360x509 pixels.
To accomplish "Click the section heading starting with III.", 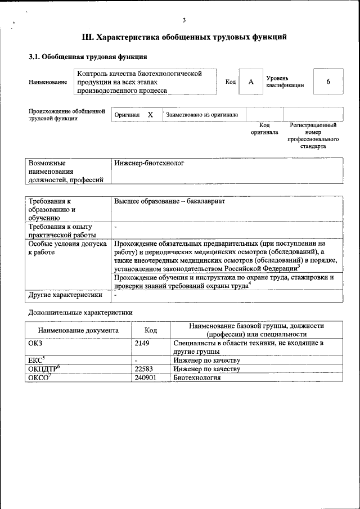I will coord(184,37).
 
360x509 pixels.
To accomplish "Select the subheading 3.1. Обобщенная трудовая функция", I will coord(88,57).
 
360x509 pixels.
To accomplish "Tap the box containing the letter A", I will coord(251,82).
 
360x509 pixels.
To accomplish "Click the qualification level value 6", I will coord(328,82).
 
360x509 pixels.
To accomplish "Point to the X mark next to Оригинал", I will coord(150,114).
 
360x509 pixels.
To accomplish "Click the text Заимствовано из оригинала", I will coord(202,115).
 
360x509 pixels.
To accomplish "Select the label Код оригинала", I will coord(264,129).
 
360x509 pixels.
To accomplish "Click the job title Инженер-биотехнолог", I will coord(149,163).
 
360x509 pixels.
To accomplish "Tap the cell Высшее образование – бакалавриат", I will coord(169,201).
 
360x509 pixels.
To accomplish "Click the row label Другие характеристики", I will coord(65,294).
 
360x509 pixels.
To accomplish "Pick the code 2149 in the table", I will coord(142,342).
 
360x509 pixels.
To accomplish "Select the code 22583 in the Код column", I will coord(144,369).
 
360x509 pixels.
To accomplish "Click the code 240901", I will coord(146,378).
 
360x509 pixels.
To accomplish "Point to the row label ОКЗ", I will coord(35,342).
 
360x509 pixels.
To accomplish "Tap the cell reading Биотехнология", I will coord(197,378).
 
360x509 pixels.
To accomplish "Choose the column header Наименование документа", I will coord(78,330).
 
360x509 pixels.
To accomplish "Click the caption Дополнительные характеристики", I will coord(81,312).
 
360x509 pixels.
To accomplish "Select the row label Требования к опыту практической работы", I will coord(62,231).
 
